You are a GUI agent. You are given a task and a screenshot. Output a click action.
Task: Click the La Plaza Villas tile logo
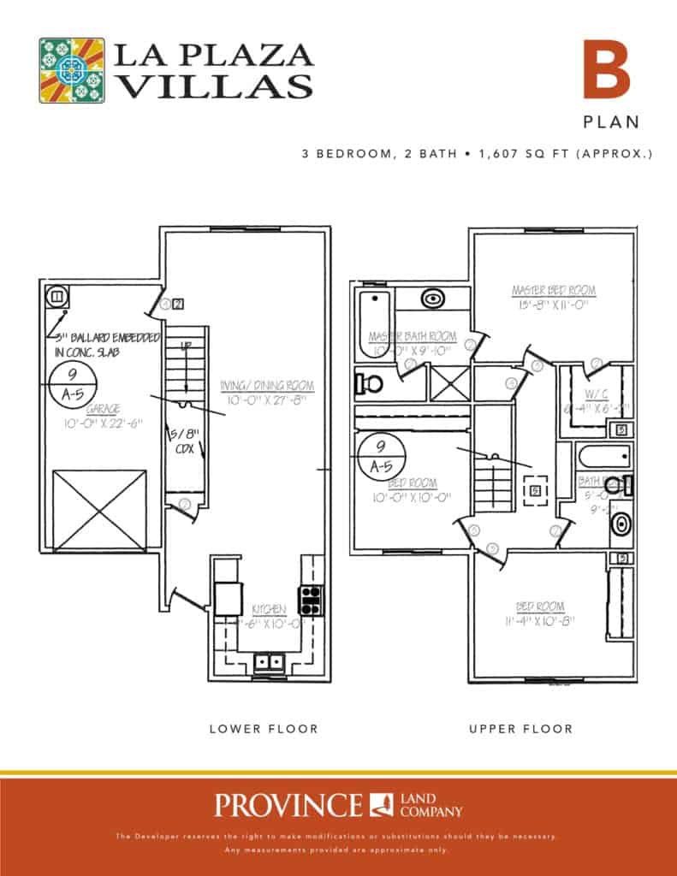72,70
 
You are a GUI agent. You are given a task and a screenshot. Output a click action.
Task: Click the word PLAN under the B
611,121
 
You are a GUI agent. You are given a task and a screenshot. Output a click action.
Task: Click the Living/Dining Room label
266,387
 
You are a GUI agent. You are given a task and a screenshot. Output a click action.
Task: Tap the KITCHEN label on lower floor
268,608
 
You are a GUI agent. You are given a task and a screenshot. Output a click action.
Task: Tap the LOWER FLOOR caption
264,729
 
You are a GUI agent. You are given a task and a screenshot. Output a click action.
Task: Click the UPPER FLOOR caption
520,729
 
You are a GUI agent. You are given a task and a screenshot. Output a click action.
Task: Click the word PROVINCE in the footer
288,805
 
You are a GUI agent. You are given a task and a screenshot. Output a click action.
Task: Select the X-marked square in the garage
99,511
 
